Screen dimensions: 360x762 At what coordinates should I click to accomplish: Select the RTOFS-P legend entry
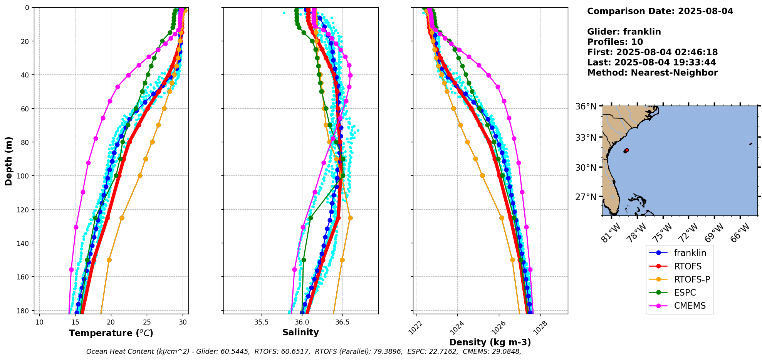692,279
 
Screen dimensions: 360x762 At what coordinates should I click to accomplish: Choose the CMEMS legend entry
690,306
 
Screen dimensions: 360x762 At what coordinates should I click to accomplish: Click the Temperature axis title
111,333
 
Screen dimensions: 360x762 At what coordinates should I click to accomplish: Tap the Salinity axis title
300,332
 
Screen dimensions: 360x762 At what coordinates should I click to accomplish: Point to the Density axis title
490,342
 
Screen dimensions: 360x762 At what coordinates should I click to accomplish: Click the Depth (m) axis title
8,161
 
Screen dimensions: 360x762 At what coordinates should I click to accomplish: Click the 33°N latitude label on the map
587,138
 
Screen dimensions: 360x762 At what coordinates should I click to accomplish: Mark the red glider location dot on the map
626,150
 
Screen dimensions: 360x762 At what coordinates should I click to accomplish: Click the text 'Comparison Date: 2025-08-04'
660,11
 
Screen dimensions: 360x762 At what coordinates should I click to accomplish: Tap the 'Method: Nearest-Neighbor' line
652,73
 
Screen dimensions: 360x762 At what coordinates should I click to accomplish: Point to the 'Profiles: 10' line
615,42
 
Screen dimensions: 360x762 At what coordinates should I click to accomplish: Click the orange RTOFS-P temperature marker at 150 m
109,260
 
